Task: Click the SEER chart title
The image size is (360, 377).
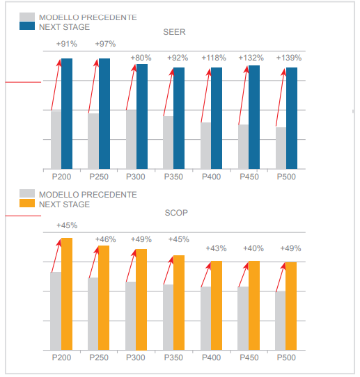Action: coord(174,32)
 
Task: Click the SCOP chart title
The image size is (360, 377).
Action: coord(176,213)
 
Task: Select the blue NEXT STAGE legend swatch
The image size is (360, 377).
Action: coord(27,26)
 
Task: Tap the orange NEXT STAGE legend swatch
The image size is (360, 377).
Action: coord(27,203)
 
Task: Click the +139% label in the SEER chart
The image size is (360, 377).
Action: coord(289,58)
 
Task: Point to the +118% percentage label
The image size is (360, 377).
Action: coord(214,58)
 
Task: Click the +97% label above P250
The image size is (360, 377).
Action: coord(105,44)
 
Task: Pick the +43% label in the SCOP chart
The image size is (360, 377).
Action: coord(216,248)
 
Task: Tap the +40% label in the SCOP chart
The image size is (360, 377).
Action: coord(253,248)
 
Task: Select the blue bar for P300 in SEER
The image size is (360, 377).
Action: coord(142,116)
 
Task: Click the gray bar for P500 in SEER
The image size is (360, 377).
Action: coord(281,148)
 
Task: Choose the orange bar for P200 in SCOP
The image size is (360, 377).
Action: coord(67,294)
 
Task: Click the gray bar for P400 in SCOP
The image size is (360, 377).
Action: coord(205,319)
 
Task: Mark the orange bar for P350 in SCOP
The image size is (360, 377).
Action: coord(179,303)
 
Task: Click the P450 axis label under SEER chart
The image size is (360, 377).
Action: coord(249,177)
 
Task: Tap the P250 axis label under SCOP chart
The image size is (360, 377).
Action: coord(99,358)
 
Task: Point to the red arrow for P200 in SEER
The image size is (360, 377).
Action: coord(56,85)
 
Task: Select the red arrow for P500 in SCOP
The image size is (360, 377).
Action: coord(281,278)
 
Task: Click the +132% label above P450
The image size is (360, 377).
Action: coord(251,58)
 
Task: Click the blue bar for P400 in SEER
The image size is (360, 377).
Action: coord(217,118)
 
